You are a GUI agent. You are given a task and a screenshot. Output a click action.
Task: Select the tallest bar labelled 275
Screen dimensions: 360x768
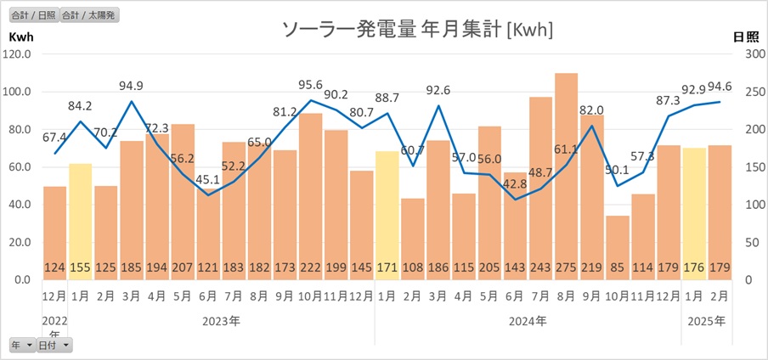(566, 170)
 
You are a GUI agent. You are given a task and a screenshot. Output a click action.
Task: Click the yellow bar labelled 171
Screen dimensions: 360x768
(387, 212)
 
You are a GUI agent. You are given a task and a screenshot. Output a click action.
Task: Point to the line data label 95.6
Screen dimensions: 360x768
(310, 84)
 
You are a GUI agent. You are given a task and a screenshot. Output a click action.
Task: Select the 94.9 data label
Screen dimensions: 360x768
(131, 86)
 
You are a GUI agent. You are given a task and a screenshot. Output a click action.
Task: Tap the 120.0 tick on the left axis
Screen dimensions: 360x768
(18, 54)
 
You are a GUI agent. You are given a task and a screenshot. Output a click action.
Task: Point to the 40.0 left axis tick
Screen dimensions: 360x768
(18, 205)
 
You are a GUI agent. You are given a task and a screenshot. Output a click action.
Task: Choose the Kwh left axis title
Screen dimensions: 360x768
(20, 37)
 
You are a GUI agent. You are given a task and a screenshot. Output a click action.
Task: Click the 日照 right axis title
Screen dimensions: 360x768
(745, 37)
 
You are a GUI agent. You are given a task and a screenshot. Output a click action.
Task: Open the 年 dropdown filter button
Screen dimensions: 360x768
(22, 345)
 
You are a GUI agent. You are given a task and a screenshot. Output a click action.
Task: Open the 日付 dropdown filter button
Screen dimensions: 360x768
(54, 345)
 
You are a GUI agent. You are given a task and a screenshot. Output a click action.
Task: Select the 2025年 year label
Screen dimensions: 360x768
(707, 322)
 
